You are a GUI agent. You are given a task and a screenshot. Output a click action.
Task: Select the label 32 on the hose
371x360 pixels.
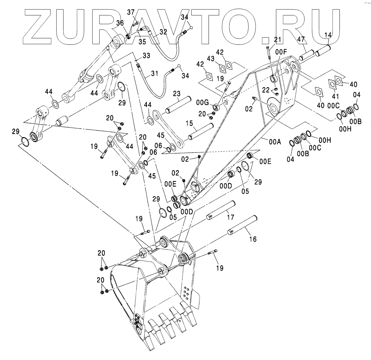point(163,32)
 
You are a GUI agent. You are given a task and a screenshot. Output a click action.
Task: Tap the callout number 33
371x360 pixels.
point(137,55)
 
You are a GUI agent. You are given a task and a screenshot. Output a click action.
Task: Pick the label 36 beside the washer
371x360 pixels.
point(120,23)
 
